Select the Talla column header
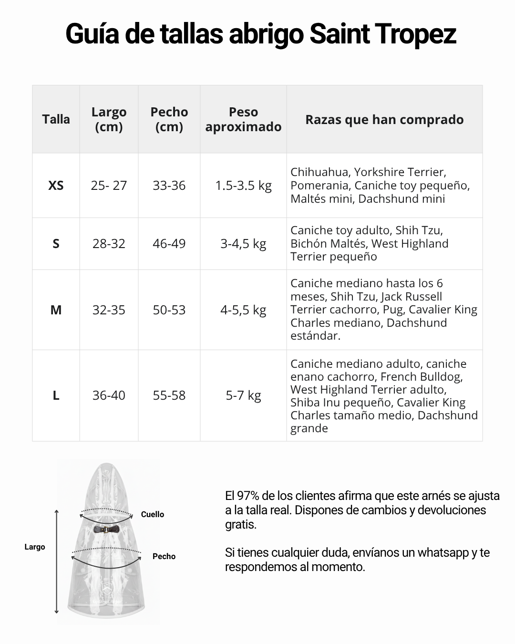pos(56,119)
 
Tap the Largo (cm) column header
pos(109,119)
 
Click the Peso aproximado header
pos(243,119)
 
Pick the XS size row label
pos(56,186)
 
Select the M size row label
pos(56,310)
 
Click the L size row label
pos(56,395)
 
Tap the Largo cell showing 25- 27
pos(109,186)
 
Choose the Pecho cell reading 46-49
pos(169,244)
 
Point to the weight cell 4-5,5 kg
pos(243,310)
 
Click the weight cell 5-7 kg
pos(243,395)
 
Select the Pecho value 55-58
pos(169,395)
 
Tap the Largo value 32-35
pos(109,310)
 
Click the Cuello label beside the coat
pos(152,514)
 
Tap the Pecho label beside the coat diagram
pos(164,556)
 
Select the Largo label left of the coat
pos(35,547)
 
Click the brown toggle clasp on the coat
pos(106,529)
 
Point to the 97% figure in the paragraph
pos(248,496)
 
